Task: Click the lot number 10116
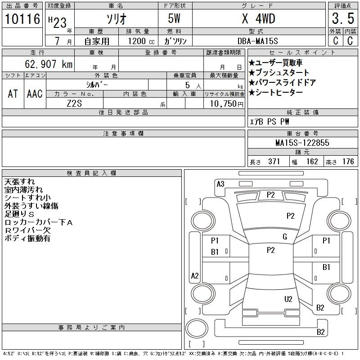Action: pos(22,19)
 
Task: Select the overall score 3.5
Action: pos(343,18)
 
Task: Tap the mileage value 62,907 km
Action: pos(49,64)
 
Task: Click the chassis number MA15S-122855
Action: pos(302,143)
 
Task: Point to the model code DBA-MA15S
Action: pos(257,41)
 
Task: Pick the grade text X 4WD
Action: pos(258,18)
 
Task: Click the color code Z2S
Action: pos(74,103)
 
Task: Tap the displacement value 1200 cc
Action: pos(141,41)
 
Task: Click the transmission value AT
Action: pos(13,94)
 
